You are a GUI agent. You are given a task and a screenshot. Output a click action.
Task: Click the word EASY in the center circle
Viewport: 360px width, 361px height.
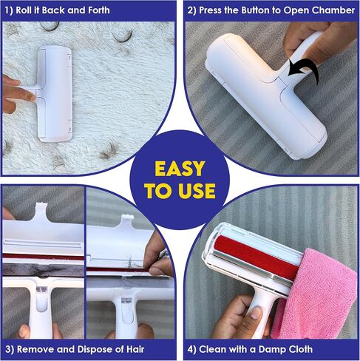180,169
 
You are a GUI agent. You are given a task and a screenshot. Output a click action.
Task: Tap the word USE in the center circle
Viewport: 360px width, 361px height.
197,191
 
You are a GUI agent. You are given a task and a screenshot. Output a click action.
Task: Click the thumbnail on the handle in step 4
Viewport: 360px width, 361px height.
256,313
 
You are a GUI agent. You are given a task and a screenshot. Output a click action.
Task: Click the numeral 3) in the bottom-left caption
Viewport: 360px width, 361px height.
10,350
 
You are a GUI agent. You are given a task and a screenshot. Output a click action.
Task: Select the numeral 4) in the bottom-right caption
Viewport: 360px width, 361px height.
192,350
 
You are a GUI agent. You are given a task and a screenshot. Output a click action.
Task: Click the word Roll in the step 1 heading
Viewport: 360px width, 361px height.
23,10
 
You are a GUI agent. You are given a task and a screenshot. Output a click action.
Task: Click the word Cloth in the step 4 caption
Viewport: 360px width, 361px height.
301,349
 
